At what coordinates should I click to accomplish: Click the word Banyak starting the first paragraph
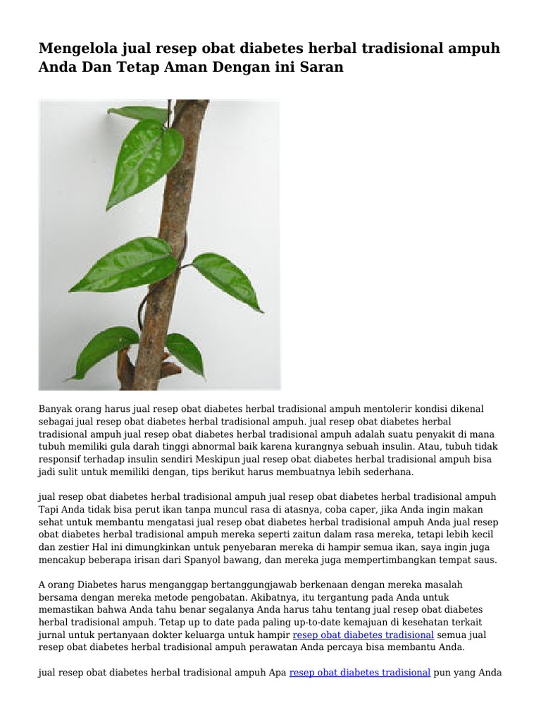55,409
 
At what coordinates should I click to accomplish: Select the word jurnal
52,636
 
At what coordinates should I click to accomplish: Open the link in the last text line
359,673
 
